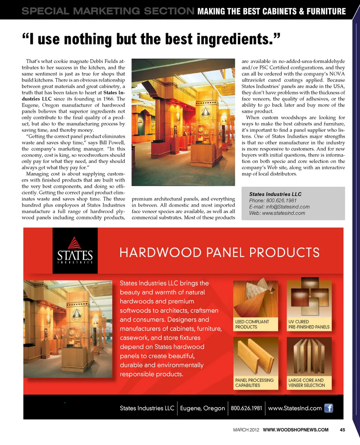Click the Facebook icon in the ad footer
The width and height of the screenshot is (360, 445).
(328, 408)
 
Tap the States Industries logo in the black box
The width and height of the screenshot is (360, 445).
(75, 251)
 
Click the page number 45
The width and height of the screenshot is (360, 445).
(342, 430)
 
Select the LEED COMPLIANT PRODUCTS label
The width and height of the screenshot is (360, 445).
(252, 324)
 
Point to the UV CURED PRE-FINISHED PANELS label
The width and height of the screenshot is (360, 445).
(309, 324)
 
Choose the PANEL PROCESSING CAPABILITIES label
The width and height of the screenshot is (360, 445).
(254, 383)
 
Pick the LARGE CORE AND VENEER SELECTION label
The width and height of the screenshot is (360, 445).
(306, 383)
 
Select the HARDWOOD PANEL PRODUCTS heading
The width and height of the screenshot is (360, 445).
(219, 252)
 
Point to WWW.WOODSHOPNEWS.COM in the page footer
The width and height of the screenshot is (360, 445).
(295, 430)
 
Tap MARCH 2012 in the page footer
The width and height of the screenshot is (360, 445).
(246, 430)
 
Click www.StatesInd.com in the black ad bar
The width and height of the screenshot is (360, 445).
(295, 408)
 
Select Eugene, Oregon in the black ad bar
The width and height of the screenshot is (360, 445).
(202, 408)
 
